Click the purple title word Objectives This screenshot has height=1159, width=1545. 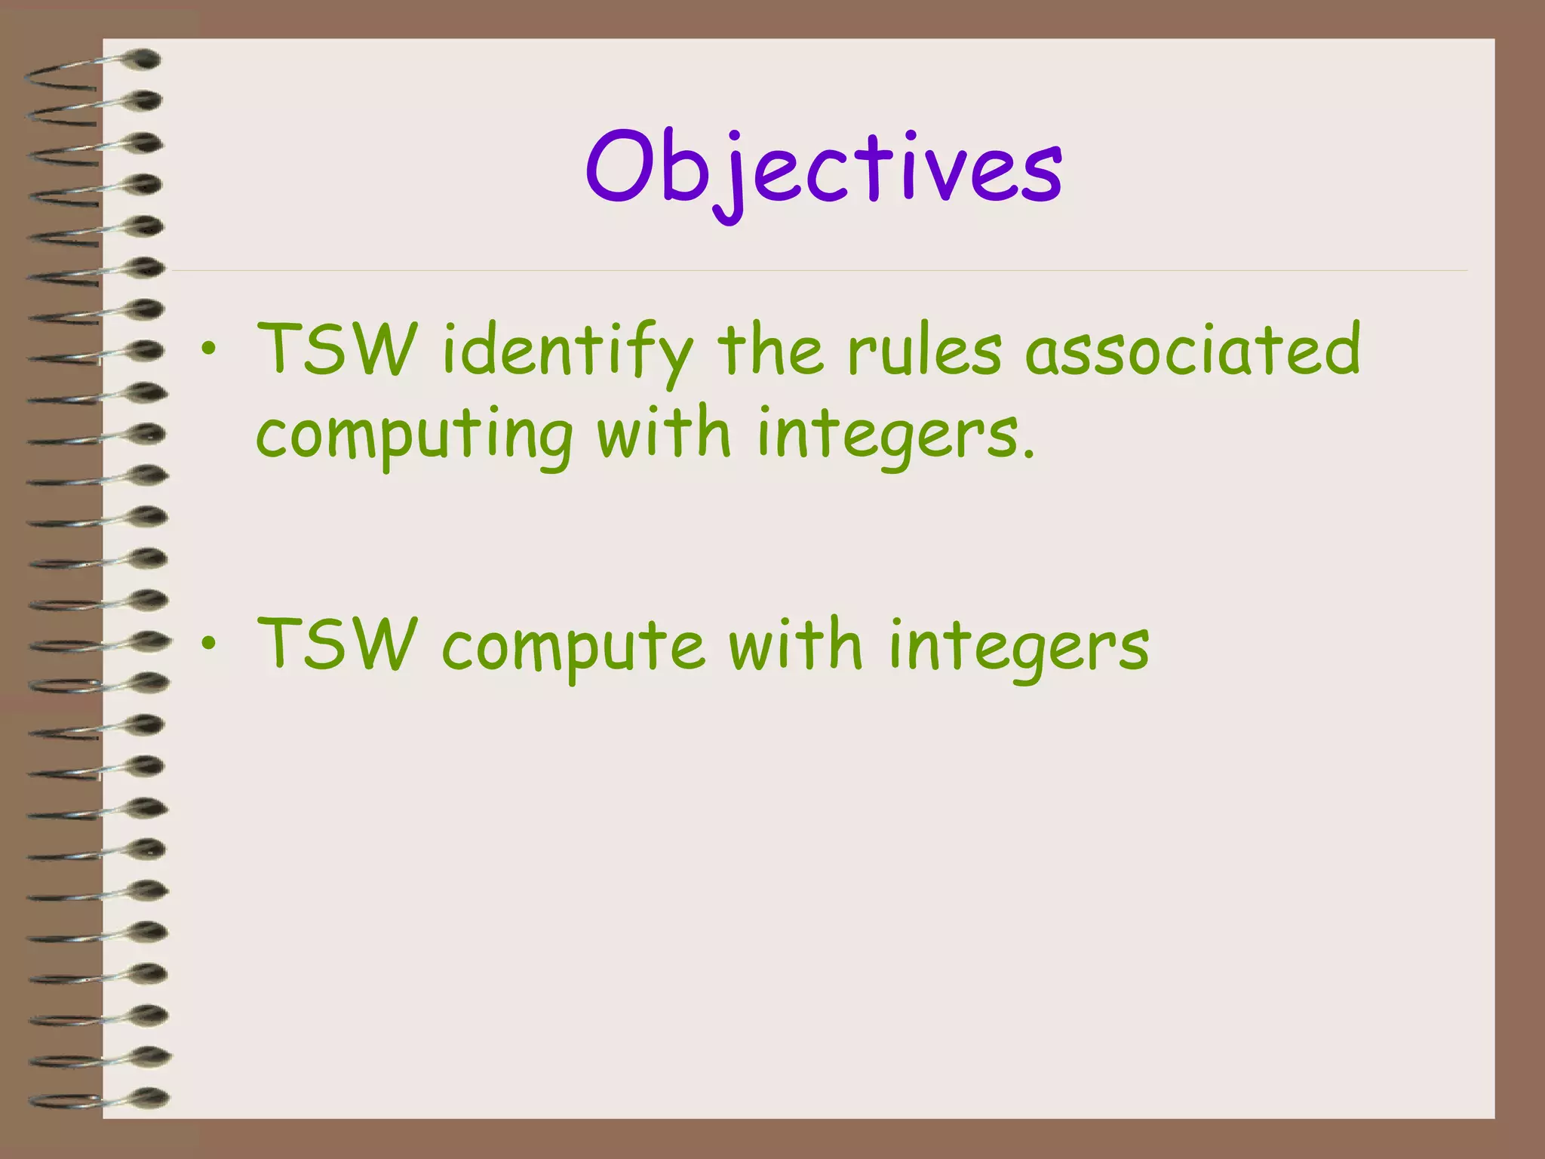[824, 170]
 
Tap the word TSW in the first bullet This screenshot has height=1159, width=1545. [336, 349]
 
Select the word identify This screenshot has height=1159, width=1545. [567, 351]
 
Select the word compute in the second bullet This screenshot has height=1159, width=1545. [573, 647]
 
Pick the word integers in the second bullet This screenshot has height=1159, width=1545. [1018, 647]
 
